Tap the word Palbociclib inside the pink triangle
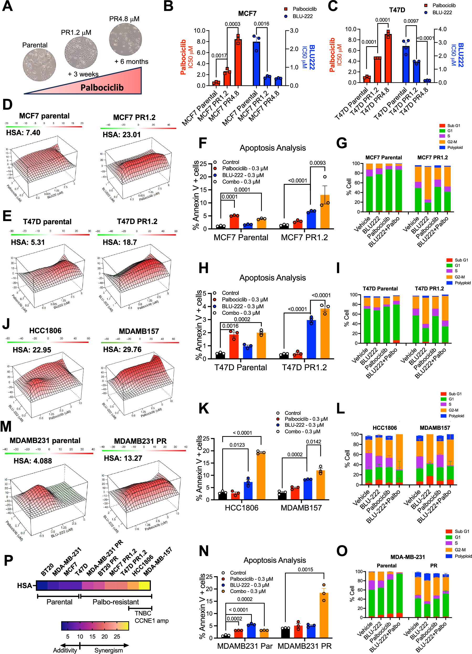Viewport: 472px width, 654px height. tap(102, 87)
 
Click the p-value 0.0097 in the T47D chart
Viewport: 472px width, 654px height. tap(411, 21)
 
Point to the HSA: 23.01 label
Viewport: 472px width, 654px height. tap(121, 135)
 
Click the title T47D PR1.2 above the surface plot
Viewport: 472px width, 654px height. tap(137, 222)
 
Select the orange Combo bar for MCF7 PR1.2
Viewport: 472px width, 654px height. tap(325, 212)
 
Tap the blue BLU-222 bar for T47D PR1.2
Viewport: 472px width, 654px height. tap(311, 339)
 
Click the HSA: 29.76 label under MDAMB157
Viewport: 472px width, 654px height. tap(122, 349)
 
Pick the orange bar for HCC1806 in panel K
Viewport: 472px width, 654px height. tap(261, 476)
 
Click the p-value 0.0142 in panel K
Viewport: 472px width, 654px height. tap(313, 442)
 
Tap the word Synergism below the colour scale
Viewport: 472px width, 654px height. tap(108, 650)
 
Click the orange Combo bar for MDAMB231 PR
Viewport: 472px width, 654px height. tap(323, 615)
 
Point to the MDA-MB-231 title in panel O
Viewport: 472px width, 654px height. tap(407, 557)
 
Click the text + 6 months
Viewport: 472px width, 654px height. tap(131, 61)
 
